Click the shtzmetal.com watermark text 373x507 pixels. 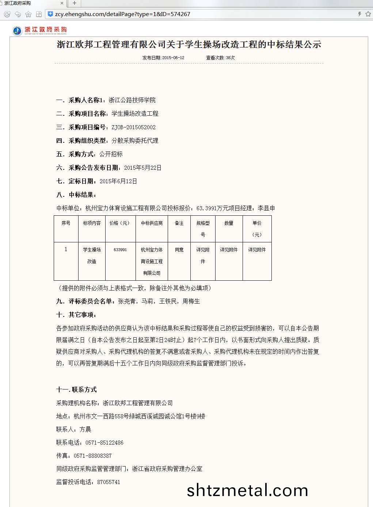pos(247,490)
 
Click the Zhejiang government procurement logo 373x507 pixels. pos(40,30)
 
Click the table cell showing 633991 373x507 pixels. pos(120,250)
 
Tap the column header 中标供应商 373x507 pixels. pos(152,223)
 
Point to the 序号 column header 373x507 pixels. pos(66,223)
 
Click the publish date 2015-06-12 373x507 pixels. pos(173,58)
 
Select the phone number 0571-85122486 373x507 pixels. pos(104,443)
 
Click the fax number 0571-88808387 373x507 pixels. pos(92,456)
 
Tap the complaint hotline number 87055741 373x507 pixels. pos(109,482)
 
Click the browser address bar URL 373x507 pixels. pos(122,14)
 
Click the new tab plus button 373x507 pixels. pos(75,3)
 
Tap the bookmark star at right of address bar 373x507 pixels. pos(368,14)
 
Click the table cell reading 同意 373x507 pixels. pos(179,250)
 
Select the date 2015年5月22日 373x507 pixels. pos(142,168)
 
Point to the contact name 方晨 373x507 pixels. pos(85,430)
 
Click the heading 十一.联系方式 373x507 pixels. pos(76,390)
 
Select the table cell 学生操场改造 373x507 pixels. pos(92,256)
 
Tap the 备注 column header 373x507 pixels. pos(179,223)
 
